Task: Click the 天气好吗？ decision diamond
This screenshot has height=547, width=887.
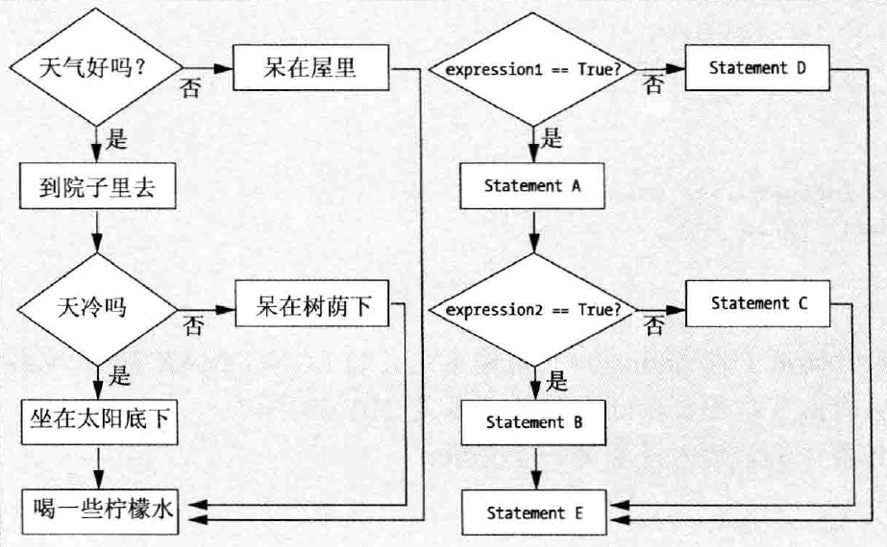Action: tap(96, 70)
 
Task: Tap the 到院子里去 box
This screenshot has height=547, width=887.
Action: tap(97, 190)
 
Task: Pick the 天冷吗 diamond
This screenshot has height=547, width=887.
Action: tap(96, 310)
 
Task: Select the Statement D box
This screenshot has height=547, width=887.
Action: tap(756, 68)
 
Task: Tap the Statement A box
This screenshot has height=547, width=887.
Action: tap(533, 186)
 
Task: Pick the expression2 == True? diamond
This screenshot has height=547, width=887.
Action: tap(533, 310)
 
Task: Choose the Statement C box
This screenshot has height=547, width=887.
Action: tap(756, 303)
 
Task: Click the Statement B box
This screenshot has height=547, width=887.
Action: tap(533, 422)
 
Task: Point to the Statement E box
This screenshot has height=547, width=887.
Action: tap(533, 513)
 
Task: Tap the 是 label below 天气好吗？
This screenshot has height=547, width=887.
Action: tap(115, 139)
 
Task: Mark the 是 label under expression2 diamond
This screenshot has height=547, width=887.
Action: tap(557, 382)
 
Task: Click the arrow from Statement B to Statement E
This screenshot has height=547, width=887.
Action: tap(533, 468)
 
